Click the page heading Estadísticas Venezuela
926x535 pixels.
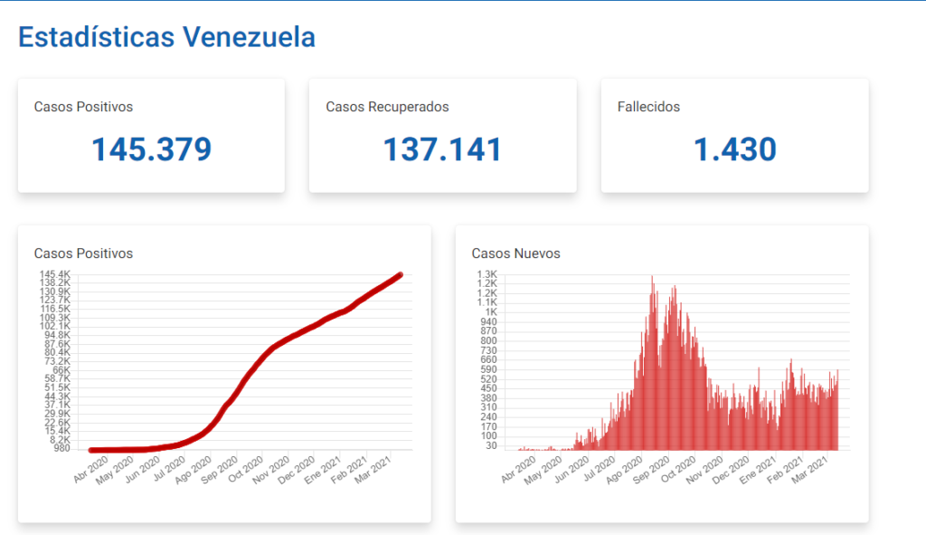166,37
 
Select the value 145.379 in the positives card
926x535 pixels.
152,149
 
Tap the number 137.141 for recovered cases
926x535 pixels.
443,149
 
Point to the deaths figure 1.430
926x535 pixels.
734,149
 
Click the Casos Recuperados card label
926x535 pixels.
387,107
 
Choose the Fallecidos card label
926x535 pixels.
648,107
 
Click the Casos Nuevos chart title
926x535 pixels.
516,253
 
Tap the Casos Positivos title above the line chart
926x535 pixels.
83,253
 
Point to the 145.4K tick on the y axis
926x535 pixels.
54,274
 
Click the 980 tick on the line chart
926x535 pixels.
61,448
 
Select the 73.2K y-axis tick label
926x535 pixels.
55,361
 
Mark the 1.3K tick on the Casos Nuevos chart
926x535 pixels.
487,274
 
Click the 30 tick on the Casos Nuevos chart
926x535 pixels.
491,445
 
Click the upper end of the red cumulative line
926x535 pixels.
400,274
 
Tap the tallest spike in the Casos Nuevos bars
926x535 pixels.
652,276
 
